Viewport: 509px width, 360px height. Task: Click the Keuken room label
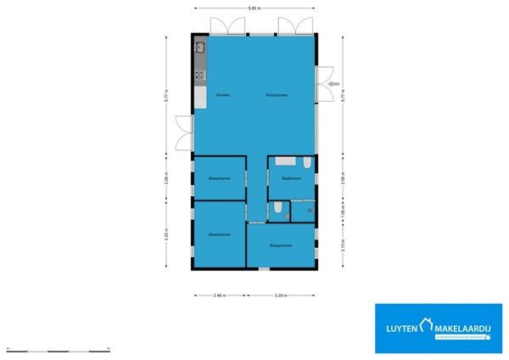tap(222, 94)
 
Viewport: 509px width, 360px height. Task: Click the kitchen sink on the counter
tap(200, 49)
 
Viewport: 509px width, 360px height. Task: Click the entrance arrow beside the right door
tap(333, 83)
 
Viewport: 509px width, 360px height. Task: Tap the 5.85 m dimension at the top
tap(254, 8)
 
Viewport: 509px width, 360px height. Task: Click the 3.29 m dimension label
tap(280, 295)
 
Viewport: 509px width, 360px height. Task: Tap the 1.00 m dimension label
tap(343, 211)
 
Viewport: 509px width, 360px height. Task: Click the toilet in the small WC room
tap(277, 210)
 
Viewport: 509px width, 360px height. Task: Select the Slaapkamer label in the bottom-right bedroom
tap(281, 245)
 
